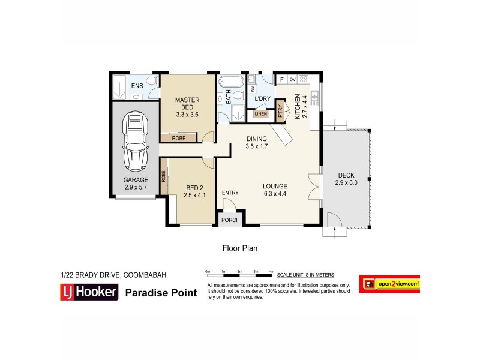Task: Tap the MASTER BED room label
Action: point(187,103)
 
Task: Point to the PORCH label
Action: point(230,220)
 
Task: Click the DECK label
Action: point(346,175)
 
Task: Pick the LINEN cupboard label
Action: point(260,114)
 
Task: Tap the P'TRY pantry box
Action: point(280,112)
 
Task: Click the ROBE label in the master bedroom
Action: point(178,138)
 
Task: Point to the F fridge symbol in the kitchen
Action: point(281,79)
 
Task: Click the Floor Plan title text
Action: point(239,247)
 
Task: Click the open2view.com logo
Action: point(389,284)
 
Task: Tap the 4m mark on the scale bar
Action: point(272,272)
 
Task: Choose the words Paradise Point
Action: point(161,293)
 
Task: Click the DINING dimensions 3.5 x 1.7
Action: point(256,146)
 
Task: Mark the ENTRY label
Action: point(230,193)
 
